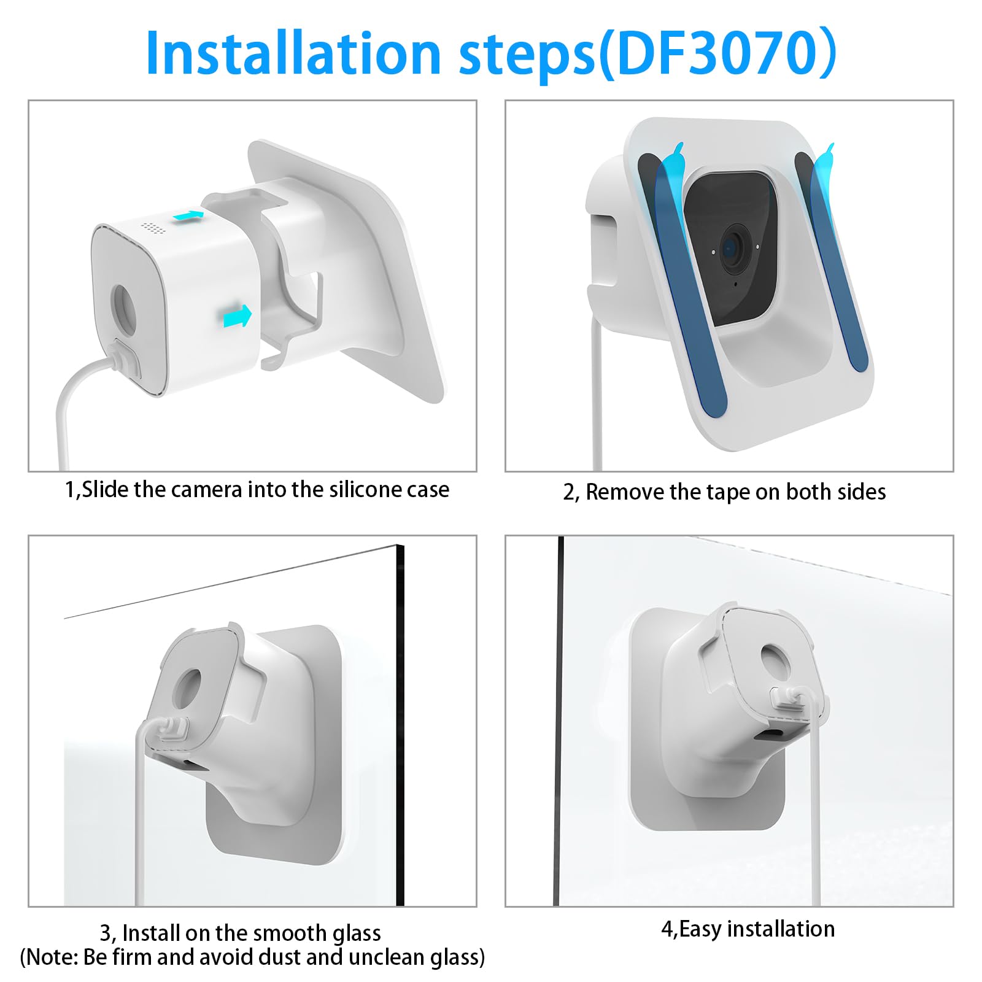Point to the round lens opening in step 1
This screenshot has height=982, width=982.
[125, 309]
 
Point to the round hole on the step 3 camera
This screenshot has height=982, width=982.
[187, 690]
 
